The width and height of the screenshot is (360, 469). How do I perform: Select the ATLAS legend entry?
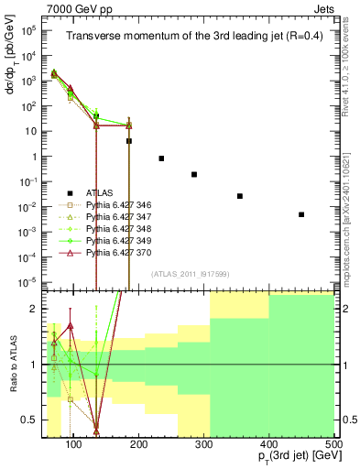tap(99, 192)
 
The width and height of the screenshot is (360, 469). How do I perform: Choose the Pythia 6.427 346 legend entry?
tap(115, 204)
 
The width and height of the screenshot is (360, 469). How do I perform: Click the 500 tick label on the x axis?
tap(335, 444)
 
